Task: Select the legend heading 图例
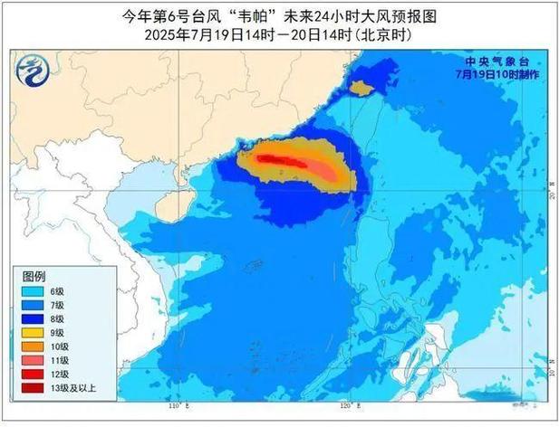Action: [34, 275]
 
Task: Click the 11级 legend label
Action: [60, 360]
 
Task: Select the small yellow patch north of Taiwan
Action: [361, 89]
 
